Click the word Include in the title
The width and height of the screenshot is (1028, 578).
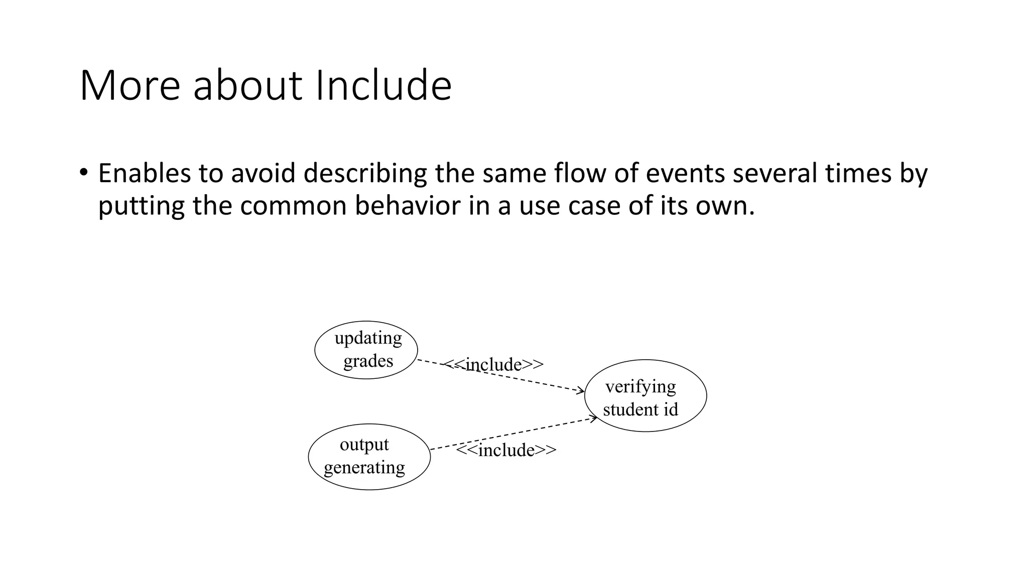383,85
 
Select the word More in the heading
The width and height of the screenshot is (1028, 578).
130,85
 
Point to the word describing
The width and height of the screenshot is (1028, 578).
365,173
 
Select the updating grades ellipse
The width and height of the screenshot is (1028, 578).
366,350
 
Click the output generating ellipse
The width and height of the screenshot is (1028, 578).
369,457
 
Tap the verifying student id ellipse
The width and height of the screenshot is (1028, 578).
646,396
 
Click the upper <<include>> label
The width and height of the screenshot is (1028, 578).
494,365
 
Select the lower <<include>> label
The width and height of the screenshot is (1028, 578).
506,450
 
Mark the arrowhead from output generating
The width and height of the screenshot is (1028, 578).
594,418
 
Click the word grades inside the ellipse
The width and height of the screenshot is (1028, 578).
368,361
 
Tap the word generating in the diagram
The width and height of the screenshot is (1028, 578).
364,468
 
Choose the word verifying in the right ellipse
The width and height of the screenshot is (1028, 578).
640,386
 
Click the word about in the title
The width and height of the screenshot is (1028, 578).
247,85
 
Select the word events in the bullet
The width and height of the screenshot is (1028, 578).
685,173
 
